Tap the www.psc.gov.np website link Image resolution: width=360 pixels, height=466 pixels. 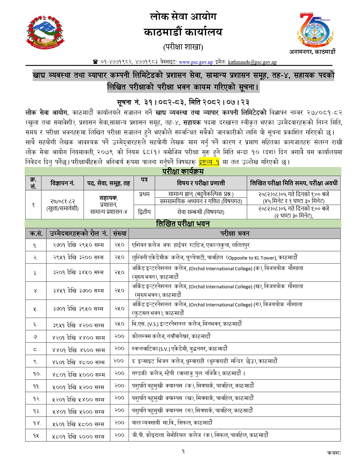[196, 62]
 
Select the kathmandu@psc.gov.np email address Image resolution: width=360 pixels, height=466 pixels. [252, 62]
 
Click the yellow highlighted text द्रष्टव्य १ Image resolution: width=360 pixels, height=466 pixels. [209, 162]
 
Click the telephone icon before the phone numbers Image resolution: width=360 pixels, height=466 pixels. [95, 62]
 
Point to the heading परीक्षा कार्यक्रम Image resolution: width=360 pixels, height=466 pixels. [183, 171]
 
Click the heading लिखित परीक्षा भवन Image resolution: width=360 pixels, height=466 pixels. [183, 224]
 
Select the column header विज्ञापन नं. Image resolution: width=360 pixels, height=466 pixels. [62, 183]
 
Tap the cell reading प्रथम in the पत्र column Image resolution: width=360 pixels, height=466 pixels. [144, 194]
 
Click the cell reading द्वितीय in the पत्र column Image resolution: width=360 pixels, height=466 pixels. [144, 212]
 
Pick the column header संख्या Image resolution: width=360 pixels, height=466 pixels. [119, 234]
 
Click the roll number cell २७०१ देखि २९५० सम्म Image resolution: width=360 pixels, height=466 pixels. [78, 245]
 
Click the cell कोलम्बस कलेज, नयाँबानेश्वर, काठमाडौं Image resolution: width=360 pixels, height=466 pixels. [171, 336]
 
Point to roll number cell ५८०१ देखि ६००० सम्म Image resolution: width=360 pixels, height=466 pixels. [78, 436]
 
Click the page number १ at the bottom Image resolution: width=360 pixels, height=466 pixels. [183, 451]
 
